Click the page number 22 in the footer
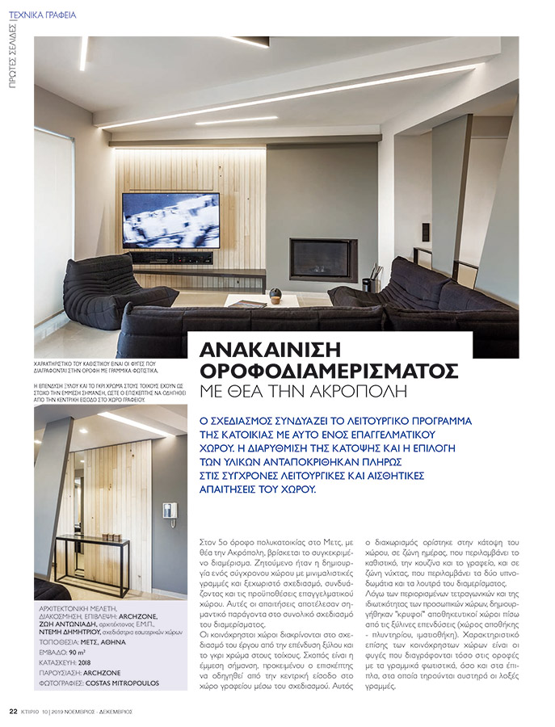[13, 712]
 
